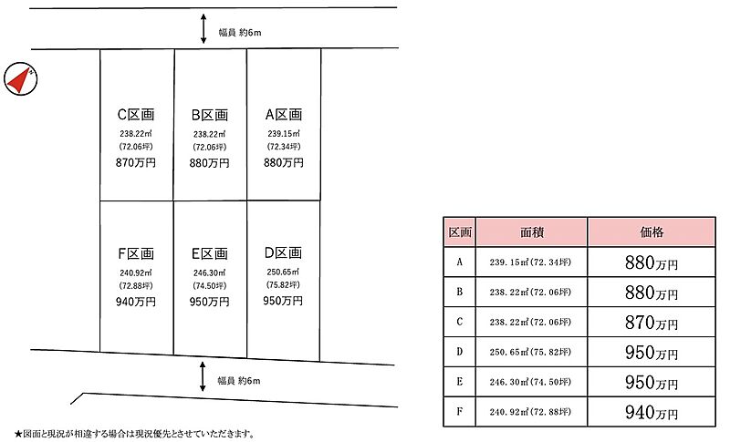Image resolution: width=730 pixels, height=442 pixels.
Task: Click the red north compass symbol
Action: [x=20, y=79]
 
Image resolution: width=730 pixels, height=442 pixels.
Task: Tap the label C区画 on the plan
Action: [x=135, y=114]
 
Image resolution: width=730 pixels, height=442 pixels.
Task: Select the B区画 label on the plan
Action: [x=210, y=115]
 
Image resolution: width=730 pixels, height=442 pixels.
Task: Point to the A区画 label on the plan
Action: [x=284, y=114]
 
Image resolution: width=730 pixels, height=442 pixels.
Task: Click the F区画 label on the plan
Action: [x=135, y=253]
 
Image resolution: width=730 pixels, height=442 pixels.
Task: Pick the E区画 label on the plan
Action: [x=210, y=253]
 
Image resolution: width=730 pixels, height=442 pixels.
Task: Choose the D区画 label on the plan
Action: [x=283, y=252]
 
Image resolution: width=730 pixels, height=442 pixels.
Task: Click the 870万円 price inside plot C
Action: [x=135, y=162]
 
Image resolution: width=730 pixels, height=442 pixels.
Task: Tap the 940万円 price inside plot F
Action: [x=135, y=302]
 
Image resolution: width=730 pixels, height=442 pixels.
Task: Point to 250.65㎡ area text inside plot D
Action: [x=283, y=272]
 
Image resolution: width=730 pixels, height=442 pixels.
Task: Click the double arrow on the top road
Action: [x=203, y=29]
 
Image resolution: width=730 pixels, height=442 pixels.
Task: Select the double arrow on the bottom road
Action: [x=203, y=376]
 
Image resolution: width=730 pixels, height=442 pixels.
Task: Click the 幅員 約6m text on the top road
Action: [x=240, y=33]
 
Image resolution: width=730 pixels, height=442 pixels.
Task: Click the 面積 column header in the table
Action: [x=531, y=231]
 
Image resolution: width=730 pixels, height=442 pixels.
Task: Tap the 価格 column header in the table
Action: [x=652, y=231]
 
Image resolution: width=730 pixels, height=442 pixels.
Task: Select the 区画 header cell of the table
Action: [x=460, y=231]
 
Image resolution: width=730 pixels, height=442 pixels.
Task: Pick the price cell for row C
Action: [x=652, y=322]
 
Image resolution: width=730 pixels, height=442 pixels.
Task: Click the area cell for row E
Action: [x=531, y=382]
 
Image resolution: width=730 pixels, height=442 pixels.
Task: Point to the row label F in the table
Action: [x=460, y=411]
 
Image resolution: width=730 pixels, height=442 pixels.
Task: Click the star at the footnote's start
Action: [x=18, y=435]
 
